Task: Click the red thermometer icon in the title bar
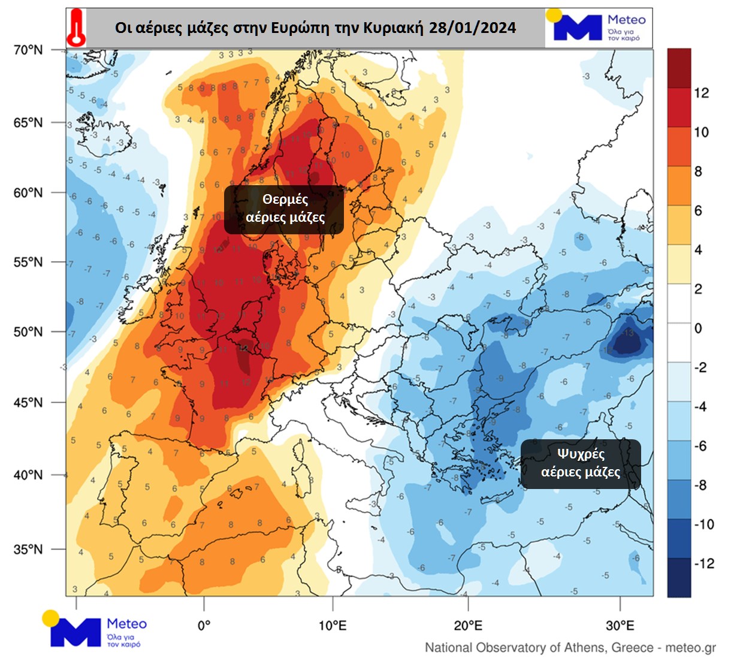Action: click(76, 28)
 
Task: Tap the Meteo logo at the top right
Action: click(597, 27)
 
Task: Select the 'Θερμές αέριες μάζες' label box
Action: click(284, 209)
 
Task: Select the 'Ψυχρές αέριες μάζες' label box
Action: click(580, 463)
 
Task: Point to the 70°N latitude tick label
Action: click(28, 50)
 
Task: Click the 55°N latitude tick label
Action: click(28, 262)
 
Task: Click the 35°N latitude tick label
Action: click(28, 549)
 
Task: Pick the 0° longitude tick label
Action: click(204, 626)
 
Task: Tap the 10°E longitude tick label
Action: click(332, 626)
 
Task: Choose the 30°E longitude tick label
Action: click(620, 626)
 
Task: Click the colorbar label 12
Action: click(701, 93)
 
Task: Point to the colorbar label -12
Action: click(703, 563)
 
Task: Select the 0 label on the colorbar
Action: click(698, 328)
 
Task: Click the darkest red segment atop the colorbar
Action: click(679, 68)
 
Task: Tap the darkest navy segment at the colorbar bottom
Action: click(679, 578)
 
